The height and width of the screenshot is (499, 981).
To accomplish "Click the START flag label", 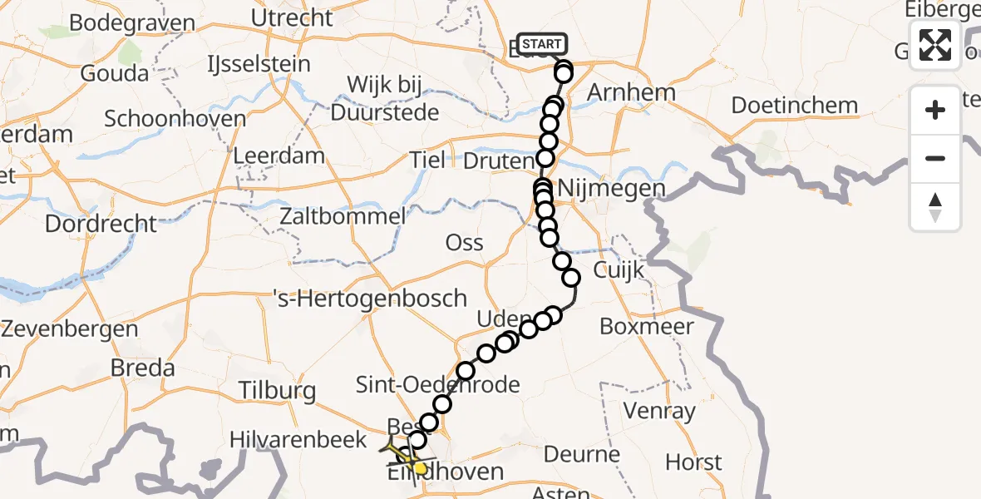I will point(542,44).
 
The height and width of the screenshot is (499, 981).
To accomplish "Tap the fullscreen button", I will point(935,45).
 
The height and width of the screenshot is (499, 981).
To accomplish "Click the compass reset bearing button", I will point(935,208).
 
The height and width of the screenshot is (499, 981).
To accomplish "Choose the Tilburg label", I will point(277,390).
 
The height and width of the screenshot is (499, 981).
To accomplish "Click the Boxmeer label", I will point(646,327).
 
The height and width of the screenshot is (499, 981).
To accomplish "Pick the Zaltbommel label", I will point(343,217).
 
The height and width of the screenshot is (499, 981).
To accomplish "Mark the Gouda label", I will point(114,73).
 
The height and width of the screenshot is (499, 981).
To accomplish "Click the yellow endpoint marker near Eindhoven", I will point(421,469).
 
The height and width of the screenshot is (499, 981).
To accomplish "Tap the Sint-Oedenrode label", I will point(437,384).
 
